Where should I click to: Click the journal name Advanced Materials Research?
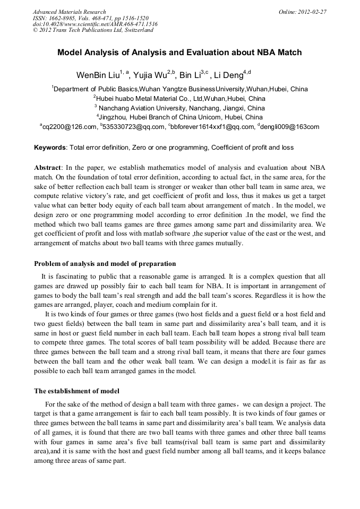pyautogui.click(x=69, y=12)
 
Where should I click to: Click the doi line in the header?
pyautogui.click(x=95, y=24)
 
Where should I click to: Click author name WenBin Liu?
pyautogui.click(x=98, y=74)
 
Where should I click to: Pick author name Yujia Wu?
pyautogui.click(x=150, y=74)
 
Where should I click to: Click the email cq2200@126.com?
pyautogui.click(x=70, y=127)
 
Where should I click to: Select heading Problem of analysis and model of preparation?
pyautogui.click(x=105, y=264)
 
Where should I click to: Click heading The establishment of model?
pyautogui.click(x=76, y=391)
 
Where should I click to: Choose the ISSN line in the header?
pyautogui.click(x=91, y=18)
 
